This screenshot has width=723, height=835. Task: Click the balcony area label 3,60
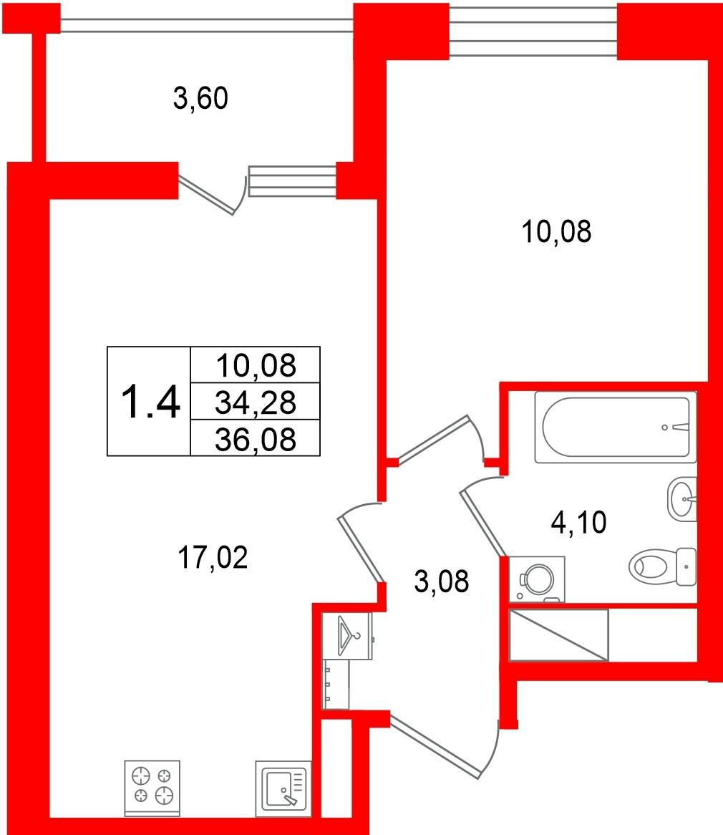(200, 99)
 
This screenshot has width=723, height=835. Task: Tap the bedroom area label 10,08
(556, 231)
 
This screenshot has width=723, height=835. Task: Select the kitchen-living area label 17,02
(213, 558)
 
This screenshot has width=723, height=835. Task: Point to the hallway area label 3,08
(442, 581)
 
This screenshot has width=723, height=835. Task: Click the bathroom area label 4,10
(578, 522)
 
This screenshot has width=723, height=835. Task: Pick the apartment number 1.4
(150, 402)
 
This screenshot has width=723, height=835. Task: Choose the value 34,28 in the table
(256, 402)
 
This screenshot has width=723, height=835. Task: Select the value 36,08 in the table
(256, 439)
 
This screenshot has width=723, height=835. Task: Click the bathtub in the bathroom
(616, 427)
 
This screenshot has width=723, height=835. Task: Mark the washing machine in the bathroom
(537, 579)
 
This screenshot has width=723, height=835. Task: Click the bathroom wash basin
(682, 500)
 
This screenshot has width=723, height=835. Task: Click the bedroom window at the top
(533, 30)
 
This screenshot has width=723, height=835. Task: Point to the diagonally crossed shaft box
(558, 635)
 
